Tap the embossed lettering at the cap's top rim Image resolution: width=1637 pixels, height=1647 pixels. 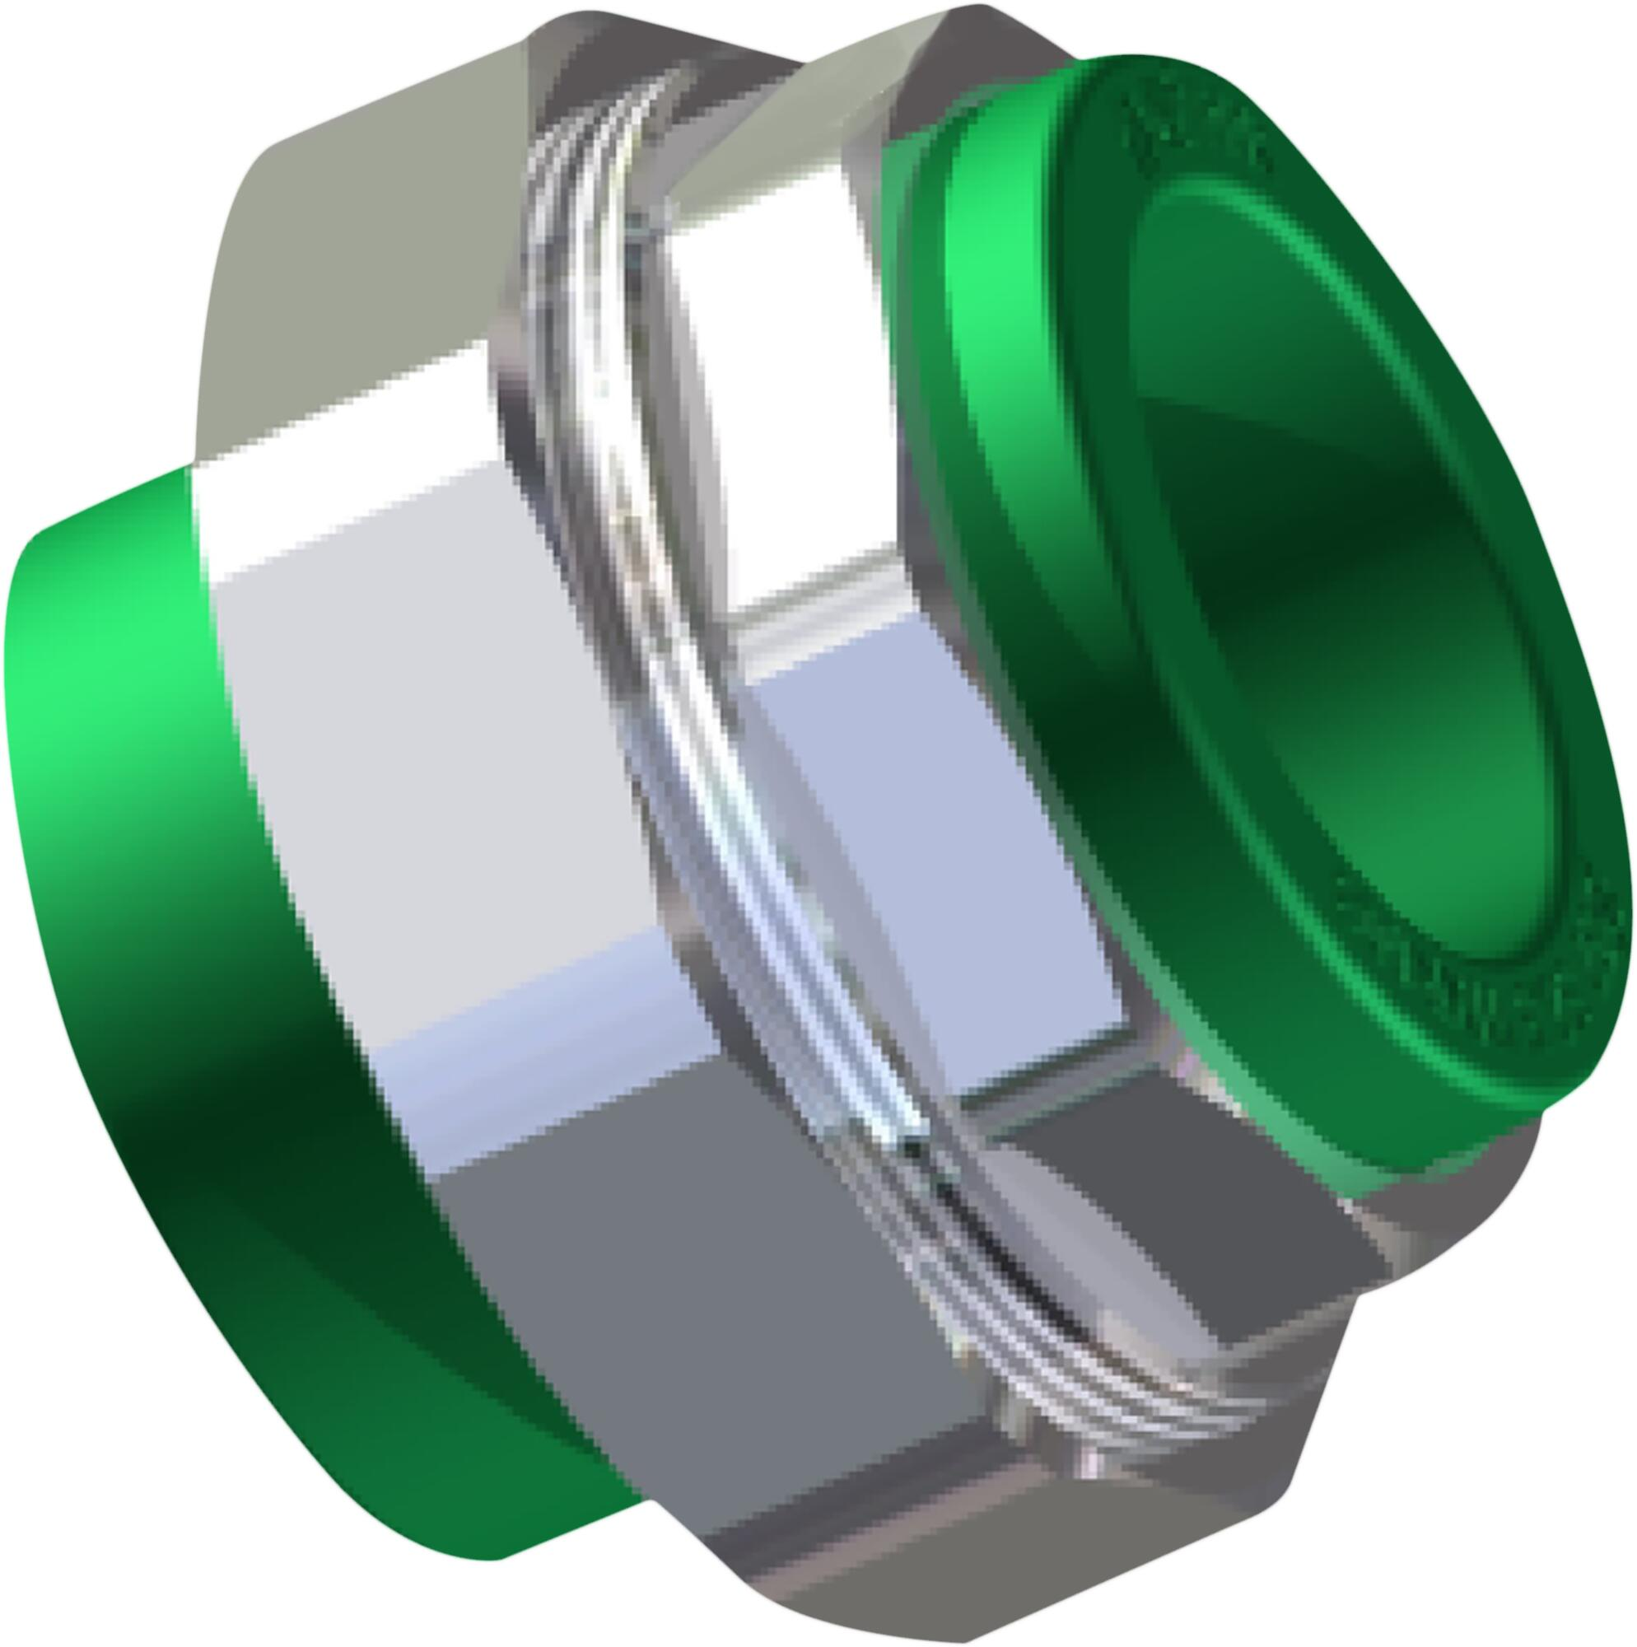pyautogui.click(x=1194, y=128)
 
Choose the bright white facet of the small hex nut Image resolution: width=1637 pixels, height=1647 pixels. pyautogui.click(x=767, y=384)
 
